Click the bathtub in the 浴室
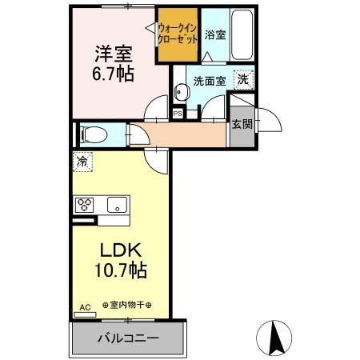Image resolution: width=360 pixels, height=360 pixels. click(x=241, y=36)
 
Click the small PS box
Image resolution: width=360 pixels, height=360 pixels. click(x=178, y=113)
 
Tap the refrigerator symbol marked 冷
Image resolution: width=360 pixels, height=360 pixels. click(x=82, y=162)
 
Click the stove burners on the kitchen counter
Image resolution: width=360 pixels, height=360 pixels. click(x=85, y=204)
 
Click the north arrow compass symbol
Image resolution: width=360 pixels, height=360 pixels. click(x=276, y=336)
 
